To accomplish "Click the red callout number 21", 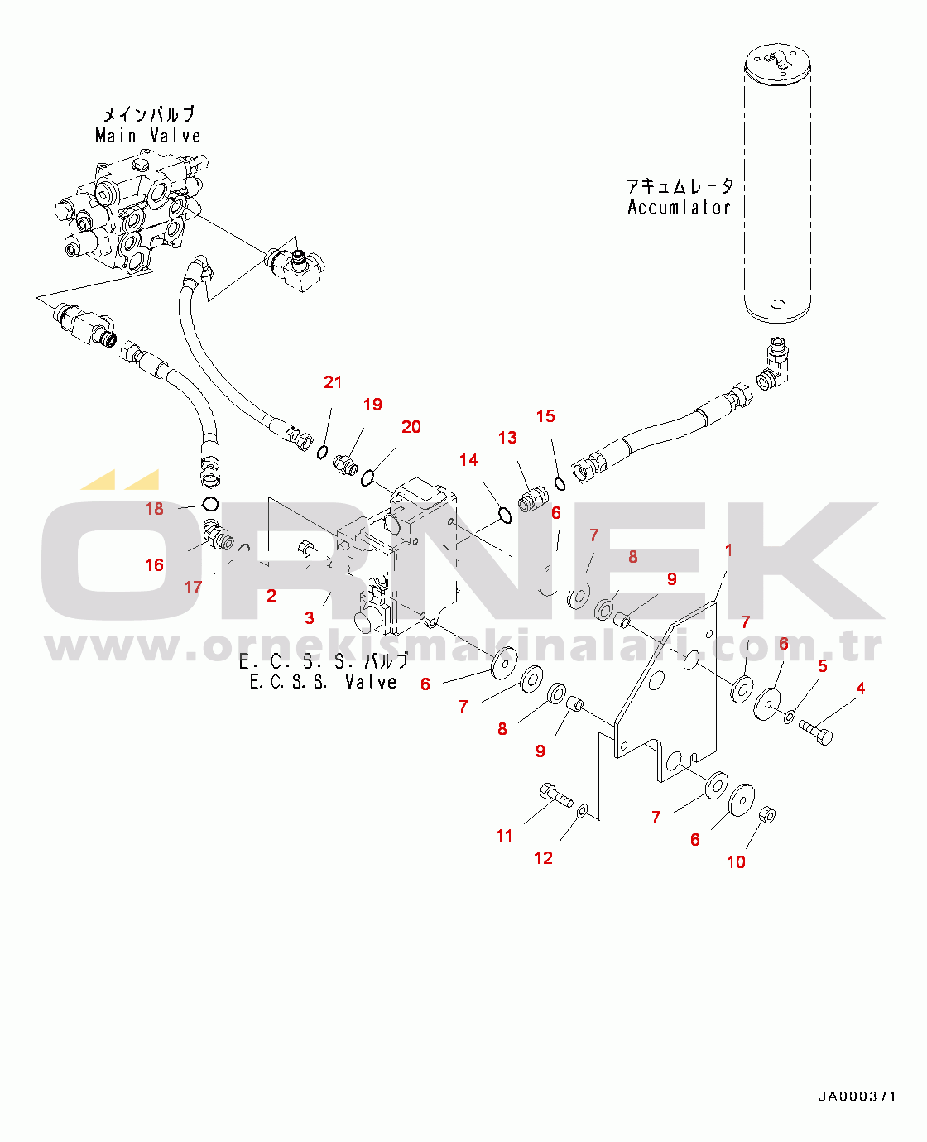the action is pyautogui.click(x=333, y=382).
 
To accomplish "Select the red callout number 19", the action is pyautogui.click(x=372, y=405).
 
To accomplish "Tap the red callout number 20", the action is pyautogui.click(x=411, y=427).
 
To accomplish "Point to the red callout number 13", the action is pyautogui.click(x=507, y=438).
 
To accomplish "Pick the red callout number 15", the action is pyautogui.click(x=545, y=415).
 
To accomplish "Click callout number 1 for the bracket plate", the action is pyautogui.click(x=728, y=549).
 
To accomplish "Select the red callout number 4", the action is pyautogui.click(x=861, y=689).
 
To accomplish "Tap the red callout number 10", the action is pyautogui.click(x=736, y=862).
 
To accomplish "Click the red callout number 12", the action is pyautogui.click(x=543, y=858).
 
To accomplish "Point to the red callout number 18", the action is pyautogui.click(x=155, y=508).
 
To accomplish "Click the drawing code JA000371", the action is pyautogui.click(x=857, y=1096).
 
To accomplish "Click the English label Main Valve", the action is pyautogui.click(x=148, y=136).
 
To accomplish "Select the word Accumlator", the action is pyautogui.click(x=679, y=208).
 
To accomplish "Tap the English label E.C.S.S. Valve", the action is pyautogui.click(x=324, y=682).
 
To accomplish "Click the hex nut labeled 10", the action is pyautogui.click(x=768, y=815).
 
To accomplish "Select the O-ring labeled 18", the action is pyautogui.click(x=210, y=504).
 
